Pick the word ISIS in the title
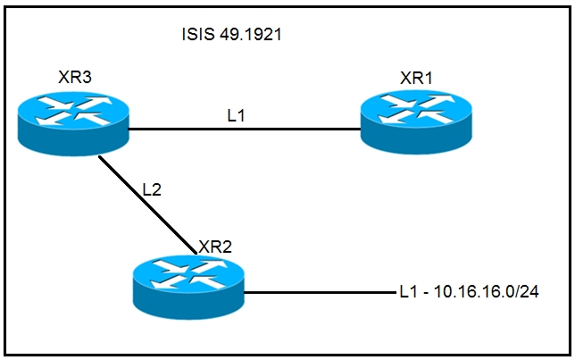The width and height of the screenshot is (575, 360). [x=196, y=37]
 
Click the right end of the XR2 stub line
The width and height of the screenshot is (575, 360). [x=389, y=291]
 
